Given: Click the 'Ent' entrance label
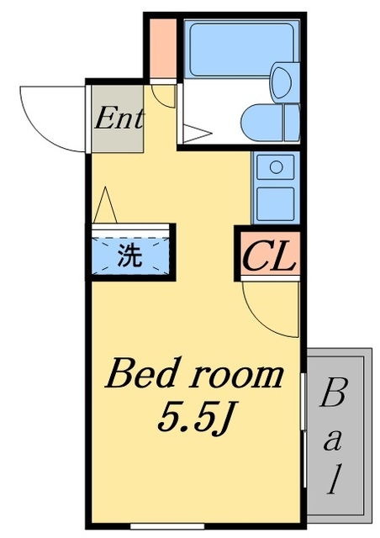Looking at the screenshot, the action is [119, 119].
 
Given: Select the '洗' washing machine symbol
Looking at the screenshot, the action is [129, 256].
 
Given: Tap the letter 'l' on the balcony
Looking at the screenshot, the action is [334, 478].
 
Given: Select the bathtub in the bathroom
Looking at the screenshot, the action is [241, 50].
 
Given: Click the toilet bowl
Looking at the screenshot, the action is [261, 122].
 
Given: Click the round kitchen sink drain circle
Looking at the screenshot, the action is [276, 167].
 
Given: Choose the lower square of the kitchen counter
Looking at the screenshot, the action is [276, 203].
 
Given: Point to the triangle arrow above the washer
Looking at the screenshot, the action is [105, 205].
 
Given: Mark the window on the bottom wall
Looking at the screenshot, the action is [167, 525].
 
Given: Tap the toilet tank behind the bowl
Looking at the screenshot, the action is [292, 122].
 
